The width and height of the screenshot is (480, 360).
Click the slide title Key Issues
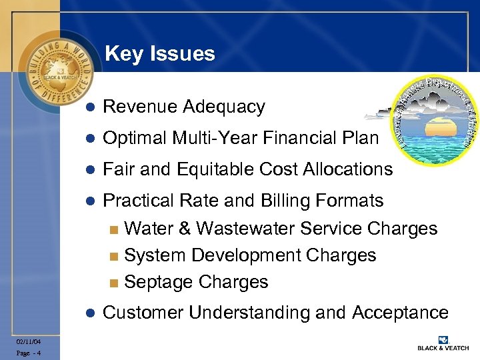160,53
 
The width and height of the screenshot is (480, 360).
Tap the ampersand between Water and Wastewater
184,229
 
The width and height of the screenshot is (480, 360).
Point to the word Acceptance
400,313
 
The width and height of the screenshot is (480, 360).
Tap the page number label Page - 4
29,353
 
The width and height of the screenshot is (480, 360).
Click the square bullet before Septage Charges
113,283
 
